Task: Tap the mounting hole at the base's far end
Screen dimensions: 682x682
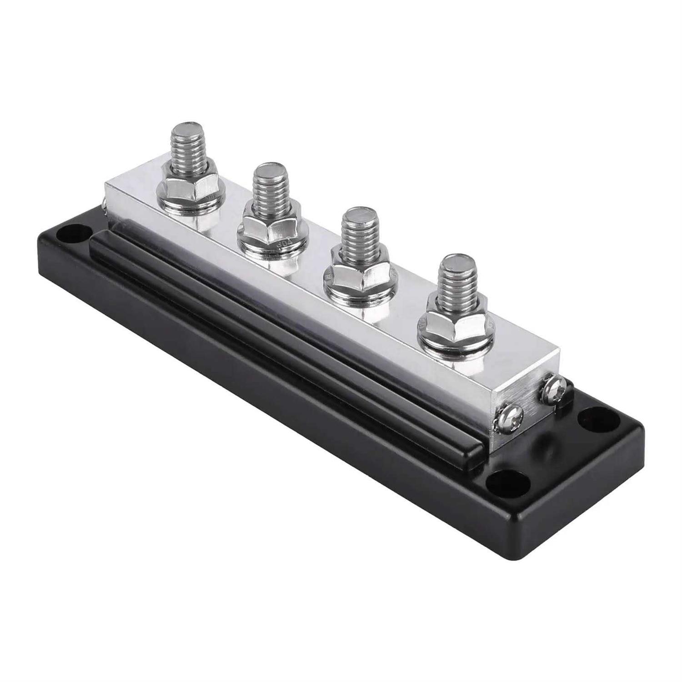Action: tap(70, 231)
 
